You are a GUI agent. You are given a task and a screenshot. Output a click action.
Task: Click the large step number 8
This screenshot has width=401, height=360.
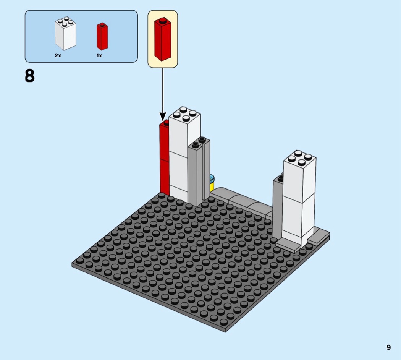30,76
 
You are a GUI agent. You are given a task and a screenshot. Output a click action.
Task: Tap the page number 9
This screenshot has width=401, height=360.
388,347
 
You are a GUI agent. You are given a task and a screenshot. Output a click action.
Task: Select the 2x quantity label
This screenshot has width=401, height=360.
58,56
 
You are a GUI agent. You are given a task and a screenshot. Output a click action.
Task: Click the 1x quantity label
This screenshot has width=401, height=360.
99,56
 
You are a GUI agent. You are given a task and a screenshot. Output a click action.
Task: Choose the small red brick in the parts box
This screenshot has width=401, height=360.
102,37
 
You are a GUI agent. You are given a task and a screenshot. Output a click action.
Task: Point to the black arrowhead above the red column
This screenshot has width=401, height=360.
163,116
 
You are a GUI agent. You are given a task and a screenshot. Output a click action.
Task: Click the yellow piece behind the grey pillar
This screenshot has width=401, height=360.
212,185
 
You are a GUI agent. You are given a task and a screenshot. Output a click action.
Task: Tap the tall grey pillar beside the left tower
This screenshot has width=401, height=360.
194,174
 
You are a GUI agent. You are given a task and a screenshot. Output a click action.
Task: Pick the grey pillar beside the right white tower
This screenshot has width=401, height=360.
278,206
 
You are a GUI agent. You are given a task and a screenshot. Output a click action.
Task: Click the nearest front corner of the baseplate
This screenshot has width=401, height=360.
225,331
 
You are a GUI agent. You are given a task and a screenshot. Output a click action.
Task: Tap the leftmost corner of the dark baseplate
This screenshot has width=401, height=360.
73,263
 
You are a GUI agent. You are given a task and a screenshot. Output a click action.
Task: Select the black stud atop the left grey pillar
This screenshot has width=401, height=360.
196,144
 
